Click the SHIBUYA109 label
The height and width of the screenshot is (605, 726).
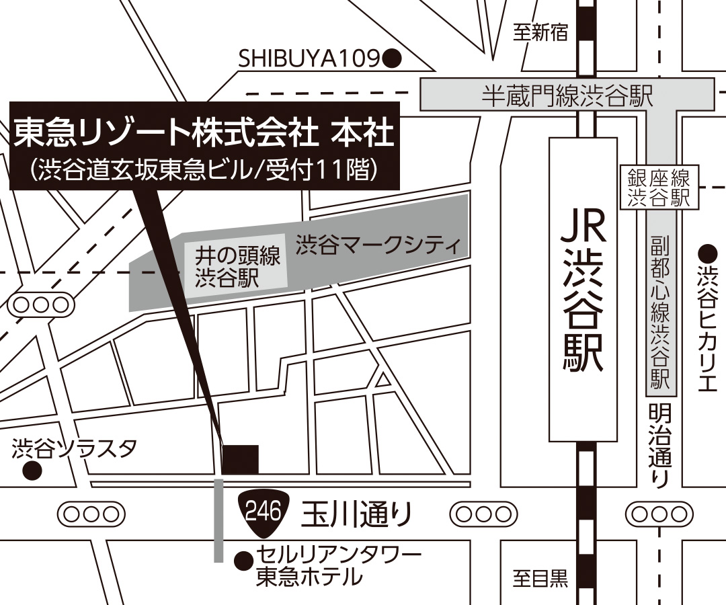(x=310, y=60)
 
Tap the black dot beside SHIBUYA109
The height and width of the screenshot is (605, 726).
(x=392, y=60)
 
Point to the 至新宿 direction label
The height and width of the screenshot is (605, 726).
(x=541, y=32)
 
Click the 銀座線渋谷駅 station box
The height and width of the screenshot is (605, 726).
(x=658, y=188)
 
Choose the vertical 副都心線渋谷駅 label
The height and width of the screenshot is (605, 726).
(x=659, y=313)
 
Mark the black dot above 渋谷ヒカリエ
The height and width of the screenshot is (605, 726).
(x=707, y=254)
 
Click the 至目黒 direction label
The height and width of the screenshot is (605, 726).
(x=541, y=579)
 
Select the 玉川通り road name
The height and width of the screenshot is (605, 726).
(x=356, y=515)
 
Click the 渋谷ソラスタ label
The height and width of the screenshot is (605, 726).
(x=75, y=448)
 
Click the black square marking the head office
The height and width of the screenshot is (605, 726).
(x=241, y=460)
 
